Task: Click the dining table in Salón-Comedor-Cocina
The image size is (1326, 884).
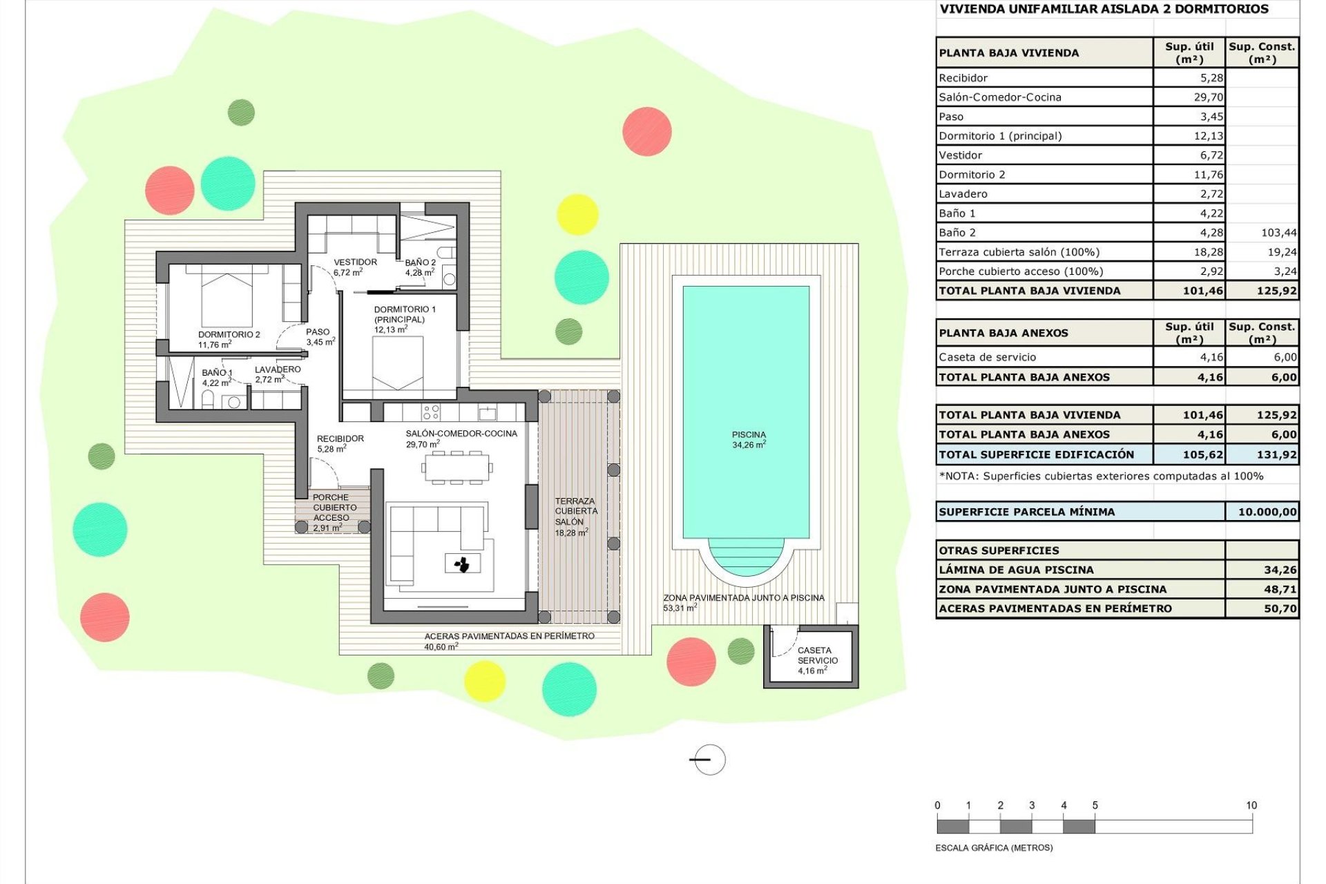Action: (x=457, y=468)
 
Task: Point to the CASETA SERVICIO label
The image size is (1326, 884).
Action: (x=817, y=655)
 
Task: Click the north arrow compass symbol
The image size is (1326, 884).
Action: (x=709, y=760)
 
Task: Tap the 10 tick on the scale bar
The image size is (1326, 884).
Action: (x=1251, y=806)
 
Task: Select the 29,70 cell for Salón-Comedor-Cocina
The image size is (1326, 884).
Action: (x=1208, y=97)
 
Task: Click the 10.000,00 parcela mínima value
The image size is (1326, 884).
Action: (x=1267, y=512)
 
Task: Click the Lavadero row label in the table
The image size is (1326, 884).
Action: (x=963, y=194)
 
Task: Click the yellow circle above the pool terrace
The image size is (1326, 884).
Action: (x=577, y=214)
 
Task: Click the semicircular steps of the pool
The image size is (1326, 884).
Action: (x=746, y=556)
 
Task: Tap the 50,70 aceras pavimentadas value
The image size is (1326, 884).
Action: (x=1280, y=608)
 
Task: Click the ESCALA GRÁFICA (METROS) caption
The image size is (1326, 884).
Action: (x=993, y=847)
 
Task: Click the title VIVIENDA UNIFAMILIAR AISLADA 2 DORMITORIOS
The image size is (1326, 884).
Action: (x=1104, y=9)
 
